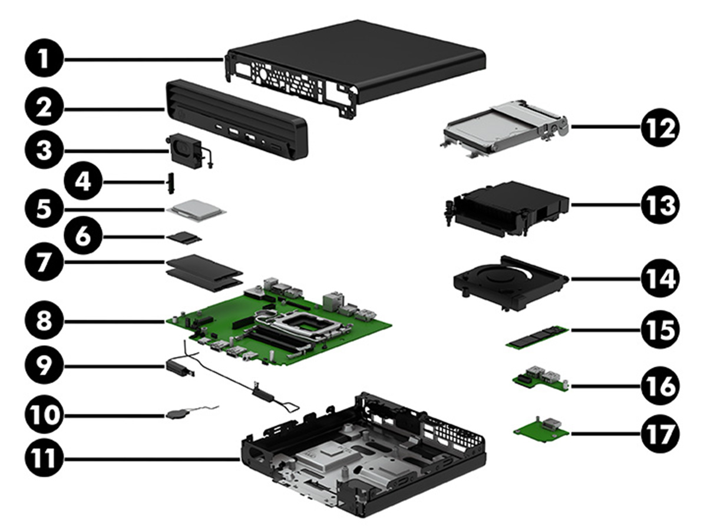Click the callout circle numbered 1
(45, 59)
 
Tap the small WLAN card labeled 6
(184, 238)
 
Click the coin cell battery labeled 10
(177, 414)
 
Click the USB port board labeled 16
(539, 380)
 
